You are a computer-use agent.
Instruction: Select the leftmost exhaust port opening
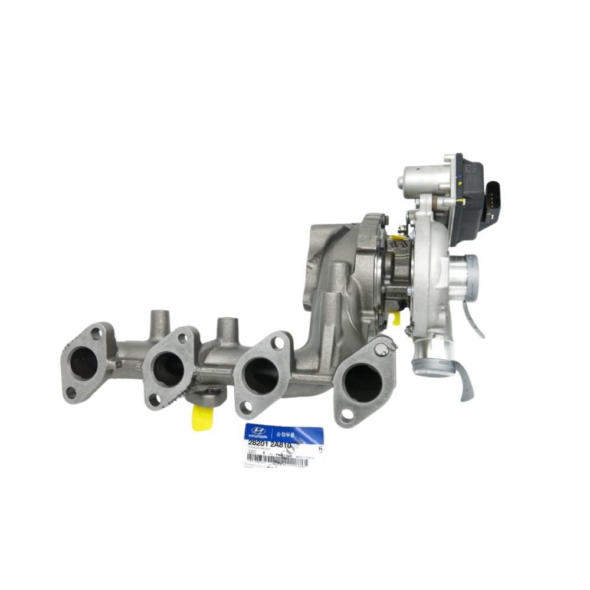[x=84, y=363]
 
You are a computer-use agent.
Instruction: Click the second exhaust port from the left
[x=169, y=369]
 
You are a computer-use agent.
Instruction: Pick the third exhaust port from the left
[x=261, y=376]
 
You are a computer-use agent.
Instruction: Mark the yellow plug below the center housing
[x=396, y=319]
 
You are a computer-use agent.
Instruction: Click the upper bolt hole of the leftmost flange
[x=96, y=335]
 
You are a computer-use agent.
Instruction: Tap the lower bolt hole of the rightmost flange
[x=347, y=415]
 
